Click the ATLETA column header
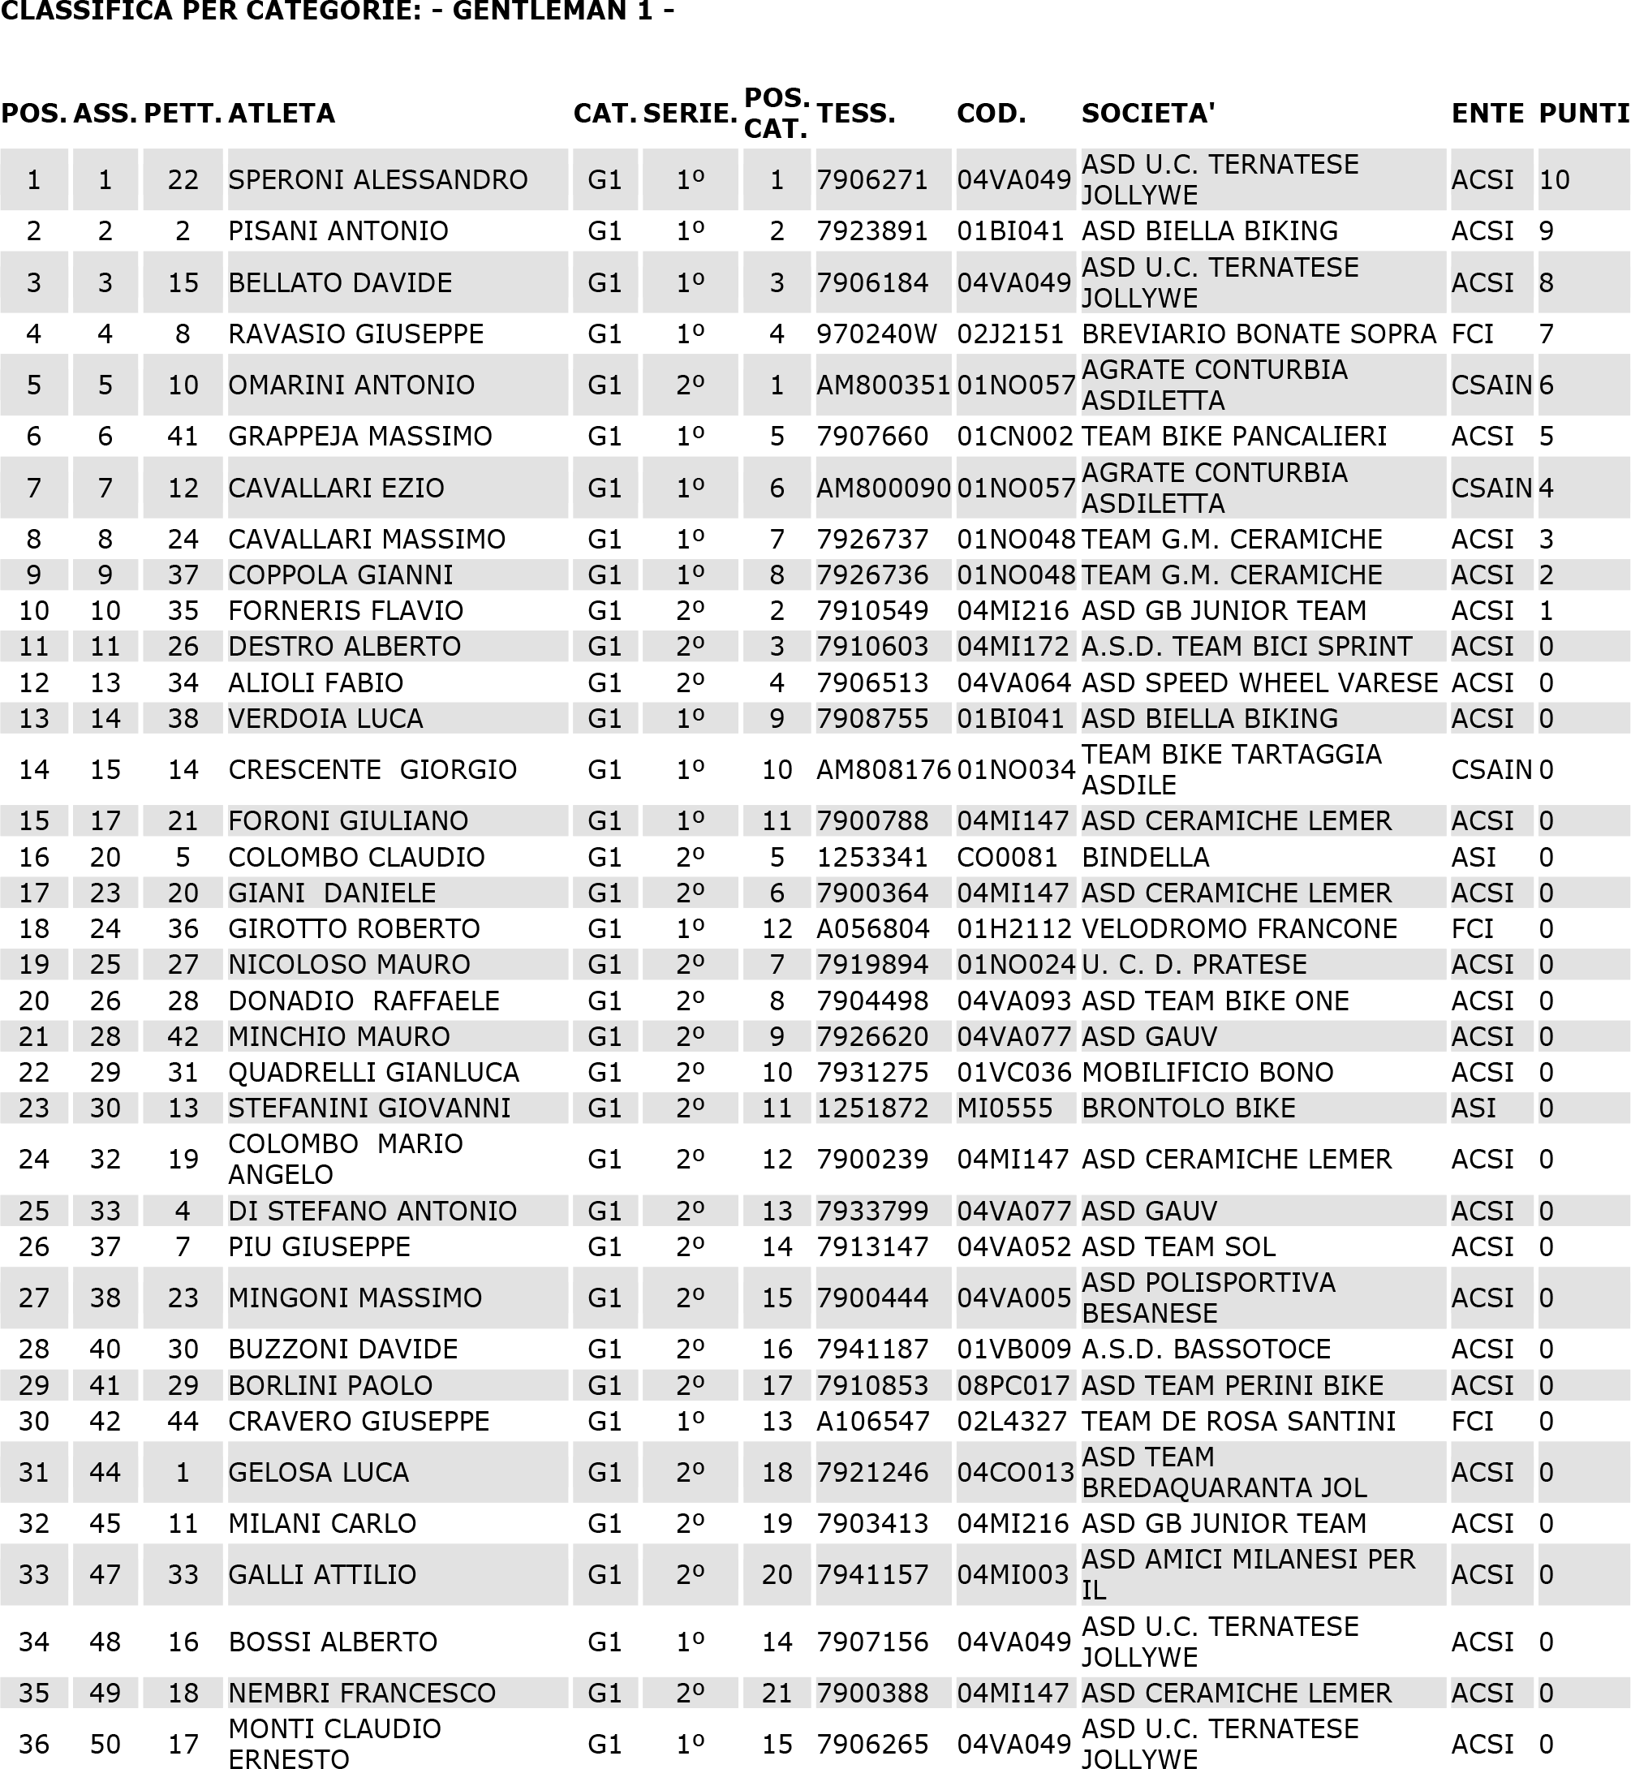coord(282,114)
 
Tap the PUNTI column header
coord(1583,114)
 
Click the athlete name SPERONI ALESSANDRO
coord(378,180)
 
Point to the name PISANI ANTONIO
coord(338,231)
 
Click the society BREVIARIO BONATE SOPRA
coord(1259,334)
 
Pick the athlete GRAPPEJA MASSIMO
coord(360,437)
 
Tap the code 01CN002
coord(1015,437)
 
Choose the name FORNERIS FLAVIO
coord(345,611)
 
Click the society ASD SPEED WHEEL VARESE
coord(1259,683)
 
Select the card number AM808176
coord(884,770)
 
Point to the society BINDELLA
coord(1146,857)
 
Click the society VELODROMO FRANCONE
coord(1239,928)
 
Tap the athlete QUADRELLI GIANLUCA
coord(373,1073)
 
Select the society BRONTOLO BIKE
coord(1188,1108)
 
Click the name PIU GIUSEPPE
coord(320,1246)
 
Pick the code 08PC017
coord(1013,1385)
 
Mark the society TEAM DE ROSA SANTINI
coord(1238,1421)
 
